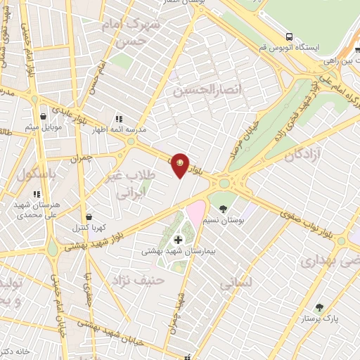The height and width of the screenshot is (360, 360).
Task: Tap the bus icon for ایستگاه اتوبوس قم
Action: coord(289,37)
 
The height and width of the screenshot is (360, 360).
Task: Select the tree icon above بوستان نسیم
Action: coord(223,209)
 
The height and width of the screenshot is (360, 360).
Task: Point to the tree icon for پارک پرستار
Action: coord(320,307)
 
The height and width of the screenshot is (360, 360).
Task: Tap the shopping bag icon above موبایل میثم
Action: coord(44,116)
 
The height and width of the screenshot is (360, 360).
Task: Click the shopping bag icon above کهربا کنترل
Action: coord(88,217)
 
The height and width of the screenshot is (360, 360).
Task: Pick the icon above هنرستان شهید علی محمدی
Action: coord(35,194)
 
